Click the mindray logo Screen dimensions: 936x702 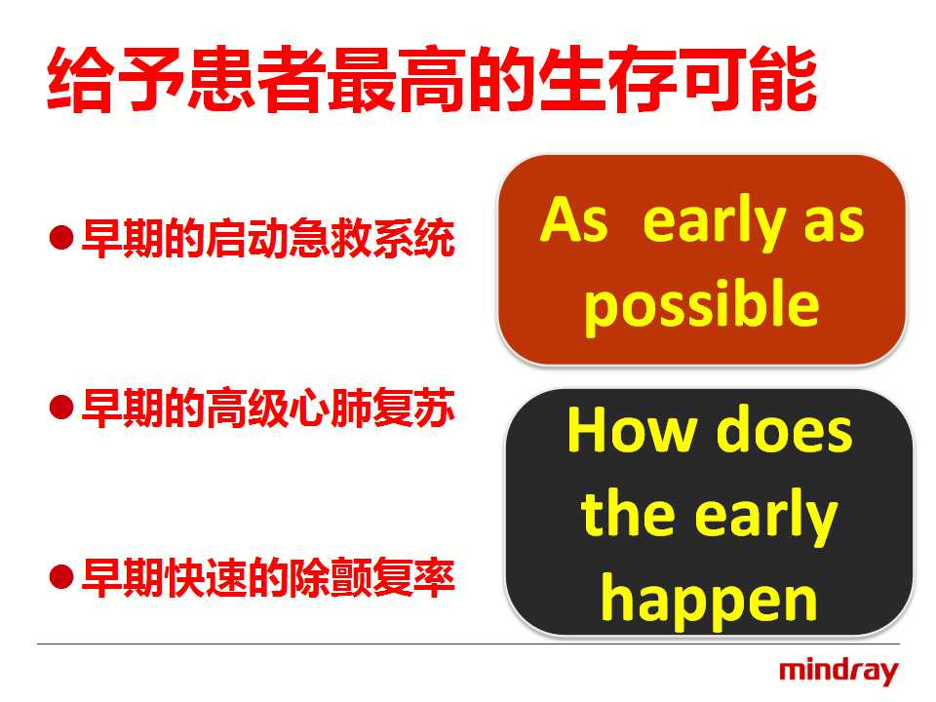point(838,672)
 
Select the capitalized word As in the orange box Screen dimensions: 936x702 point(573,219)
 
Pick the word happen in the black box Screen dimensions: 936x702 point(709,600)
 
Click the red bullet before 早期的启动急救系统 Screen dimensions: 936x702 point(61,238)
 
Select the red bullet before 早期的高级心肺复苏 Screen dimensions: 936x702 point(61,408)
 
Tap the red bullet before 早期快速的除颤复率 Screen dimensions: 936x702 point(61,577)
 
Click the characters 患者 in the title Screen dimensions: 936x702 point(256,79)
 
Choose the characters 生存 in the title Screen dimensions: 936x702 point(607,79)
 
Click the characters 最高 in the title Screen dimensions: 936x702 point(397,79)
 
